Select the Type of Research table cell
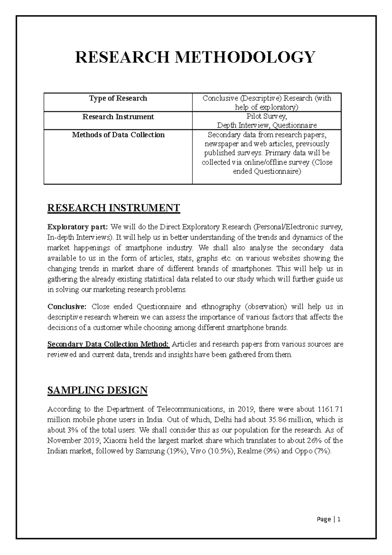coord(118,98)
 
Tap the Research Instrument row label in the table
coord(118,117)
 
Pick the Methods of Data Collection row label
coord(118,135)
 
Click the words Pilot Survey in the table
coord(267,116)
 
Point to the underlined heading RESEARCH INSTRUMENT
coord(114,208)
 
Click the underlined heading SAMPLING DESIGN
coord(97,390)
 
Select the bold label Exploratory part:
coord(77,227)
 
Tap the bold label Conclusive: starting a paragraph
coord(67,307)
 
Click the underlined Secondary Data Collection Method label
coord(108,344)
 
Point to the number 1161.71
coord(330,409)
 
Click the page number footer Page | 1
coord(329,519)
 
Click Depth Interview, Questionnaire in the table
coord(267,125)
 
